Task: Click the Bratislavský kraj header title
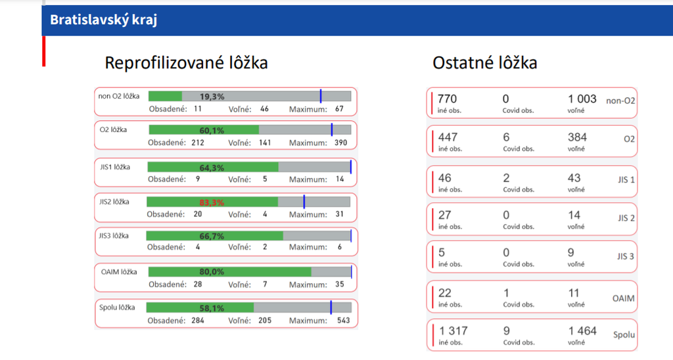point(103,20)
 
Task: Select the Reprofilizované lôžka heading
point(186,63)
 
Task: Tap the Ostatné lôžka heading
point(484,63)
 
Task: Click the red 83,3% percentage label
point(212,203)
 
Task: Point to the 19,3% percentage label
point(212,97)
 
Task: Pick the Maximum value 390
point(341,143)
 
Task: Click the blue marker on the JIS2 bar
point(304,202)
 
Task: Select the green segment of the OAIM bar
point(230,272)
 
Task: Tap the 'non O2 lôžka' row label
point(119,96)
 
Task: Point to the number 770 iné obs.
point(447,99)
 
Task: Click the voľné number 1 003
point(582,99)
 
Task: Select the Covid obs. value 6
point(505,137)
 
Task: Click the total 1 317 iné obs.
point(453,331)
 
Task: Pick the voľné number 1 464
point(582,331)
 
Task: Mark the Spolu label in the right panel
point(624,335)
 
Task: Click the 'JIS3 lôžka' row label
point(113,236)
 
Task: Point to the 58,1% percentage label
point(212,307)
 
